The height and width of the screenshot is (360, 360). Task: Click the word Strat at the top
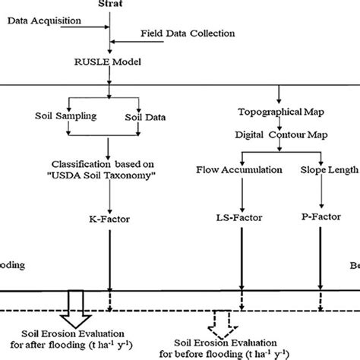tap(111, 4)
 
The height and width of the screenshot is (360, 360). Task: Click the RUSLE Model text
tap(111, 63)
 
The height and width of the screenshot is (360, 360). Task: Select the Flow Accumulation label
tap(238, 170)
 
